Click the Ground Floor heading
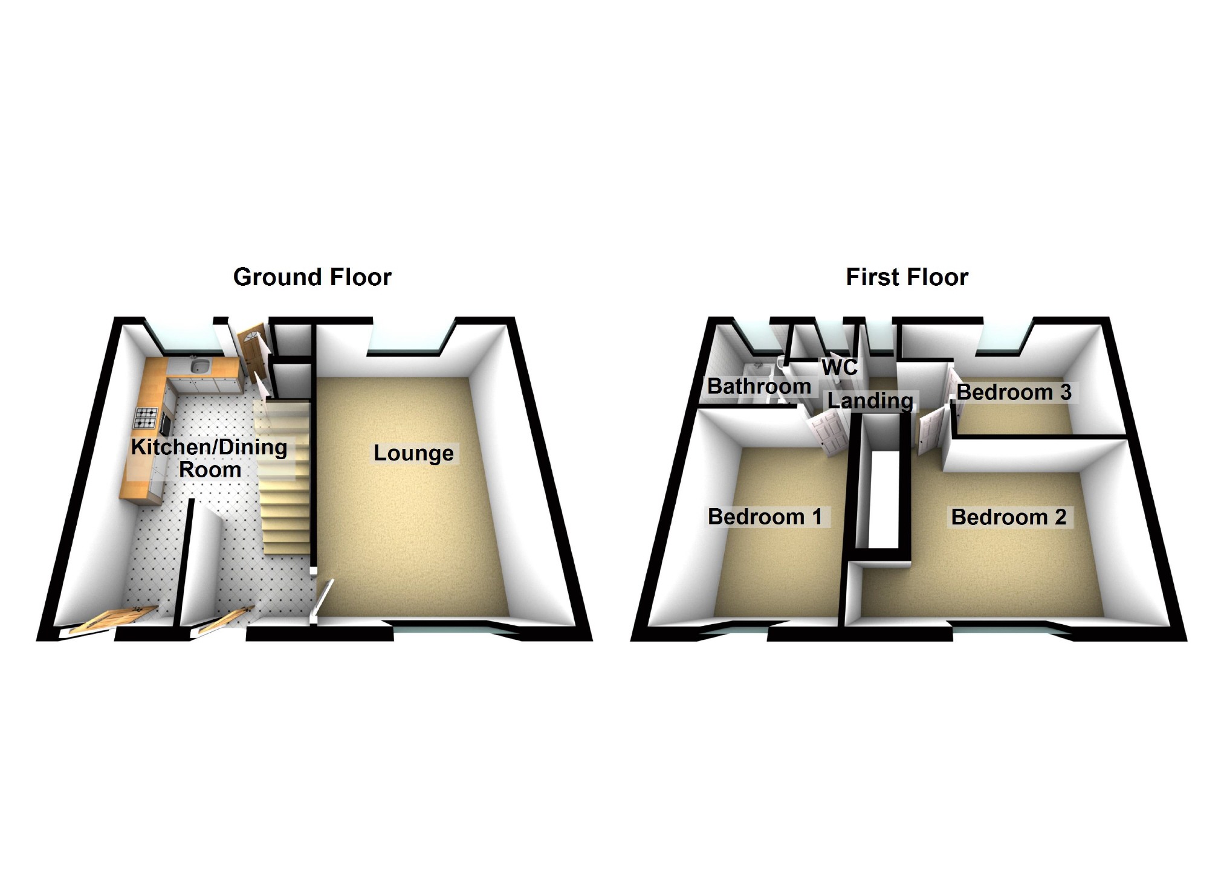[x=312, y=277]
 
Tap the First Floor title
[x=907, y=277]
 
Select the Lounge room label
[x=413, y=453]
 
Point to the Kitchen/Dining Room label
[x=209, y=458]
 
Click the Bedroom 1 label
[x=765, y=517]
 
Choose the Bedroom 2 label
[x=1008, y=517]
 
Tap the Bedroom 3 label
[x=1014, y=392]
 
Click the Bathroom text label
[x=759, y=385]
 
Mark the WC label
[x=839, y=366]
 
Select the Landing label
[x=870, y=400]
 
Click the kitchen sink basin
[x=199, y=366]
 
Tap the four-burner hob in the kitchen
[x=146, y=416]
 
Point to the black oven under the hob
[x=164, y=423]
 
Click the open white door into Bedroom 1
[x=825, y=432]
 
